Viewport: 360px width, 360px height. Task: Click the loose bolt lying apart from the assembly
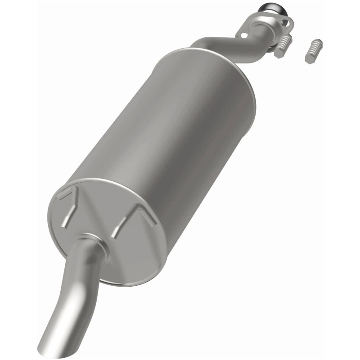point(313,51)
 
